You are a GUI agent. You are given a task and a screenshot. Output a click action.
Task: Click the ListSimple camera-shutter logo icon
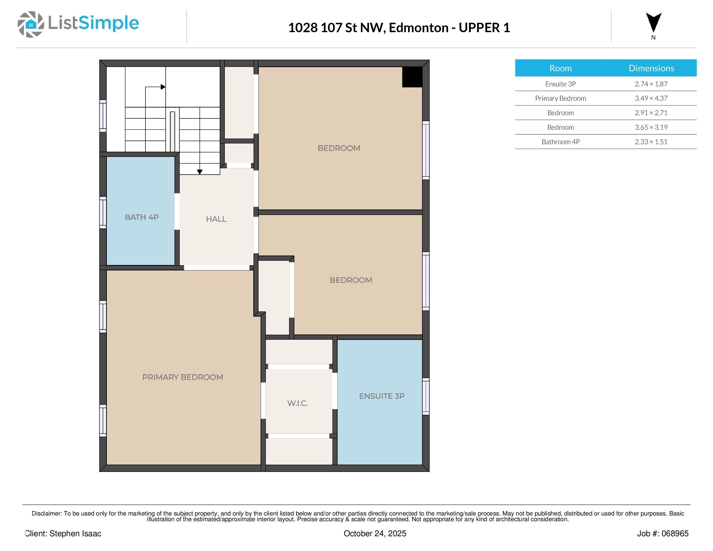pyautogui.click(x=31, y=24)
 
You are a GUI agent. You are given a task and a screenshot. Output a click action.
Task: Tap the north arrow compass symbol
pyautogui.click(x=654, y=23)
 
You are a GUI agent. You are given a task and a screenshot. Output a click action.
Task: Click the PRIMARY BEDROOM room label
pyautogui.click(x=183, y=377)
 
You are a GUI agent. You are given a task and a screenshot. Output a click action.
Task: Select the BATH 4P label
pyautogui.click(x=142, y=217)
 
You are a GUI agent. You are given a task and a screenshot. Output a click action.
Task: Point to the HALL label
pyautogui.click(x=216, y=219)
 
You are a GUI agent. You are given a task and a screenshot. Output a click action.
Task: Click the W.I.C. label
pyautogui.click(x=297, y=403)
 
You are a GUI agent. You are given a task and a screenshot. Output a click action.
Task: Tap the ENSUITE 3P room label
pyautogui.click(x=382, y=396)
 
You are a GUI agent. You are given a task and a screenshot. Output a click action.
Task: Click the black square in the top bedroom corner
pyautogui.click(x=412, y=77)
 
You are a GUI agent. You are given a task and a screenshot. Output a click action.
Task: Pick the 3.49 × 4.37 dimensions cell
pyautogui.click(x=651, y=98)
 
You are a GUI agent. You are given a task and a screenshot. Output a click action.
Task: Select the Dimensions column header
pyautogui.click(x=651, y=68)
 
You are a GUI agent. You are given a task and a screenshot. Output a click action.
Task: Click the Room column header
pyautogui.click(x=561, y=68)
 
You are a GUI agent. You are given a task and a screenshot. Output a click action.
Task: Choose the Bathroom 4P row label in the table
pyautogui.click(x=561, y=142)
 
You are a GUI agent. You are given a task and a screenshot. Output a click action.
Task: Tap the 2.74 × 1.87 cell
pyautogui.click(x=651, y=84)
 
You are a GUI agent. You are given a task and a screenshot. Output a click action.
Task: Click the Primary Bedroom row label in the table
pyautogui.click(x=561, y=98)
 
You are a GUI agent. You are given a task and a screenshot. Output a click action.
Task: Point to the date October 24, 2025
pyautogui.click(x=375, y=533)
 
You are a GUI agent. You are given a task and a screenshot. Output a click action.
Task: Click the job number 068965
pyautogui.click(x=675, y=533)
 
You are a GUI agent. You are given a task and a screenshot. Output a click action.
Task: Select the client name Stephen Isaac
pyautogui.click(x=75, y=533)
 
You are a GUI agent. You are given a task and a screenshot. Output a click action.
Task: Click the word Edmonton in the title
pyautogui.click(x=418, y=28)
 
